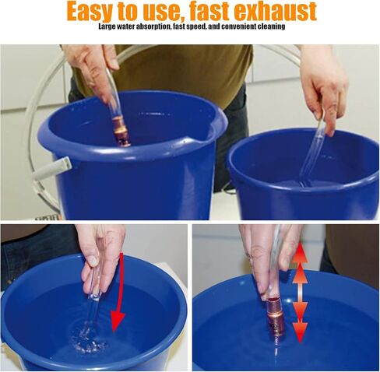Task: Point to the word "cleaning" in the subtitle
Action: (271, 26)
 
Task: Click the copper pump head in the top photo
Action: (121, 132)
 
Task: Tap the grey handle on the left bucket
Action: (52, 169)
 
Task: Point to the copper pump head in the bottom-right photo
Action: (274, 318)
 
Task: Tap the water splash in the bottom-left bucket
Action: (87, 337)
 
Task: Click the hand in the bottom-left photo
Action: (103, 259)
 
